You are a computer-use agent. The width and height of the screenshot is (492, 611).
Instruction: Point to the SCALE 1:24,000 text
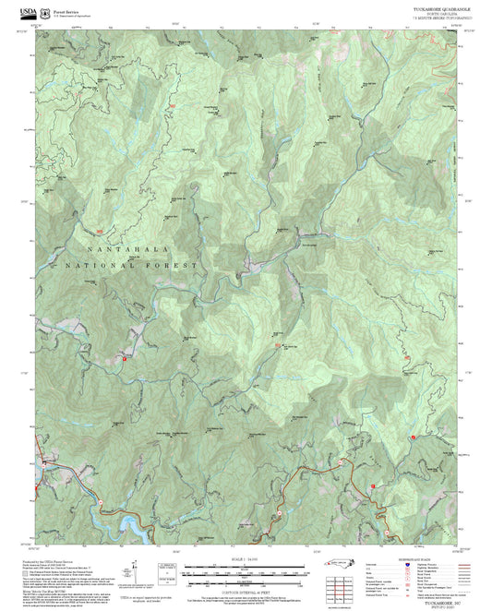(x=245, y=557)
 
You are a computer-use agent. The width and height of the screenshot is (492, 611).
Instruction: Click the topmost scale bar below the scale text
(x=245, y=564)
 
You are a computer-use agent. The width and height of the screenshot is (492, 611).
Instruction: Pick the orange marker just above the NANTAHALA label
(x=99, y=232)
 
